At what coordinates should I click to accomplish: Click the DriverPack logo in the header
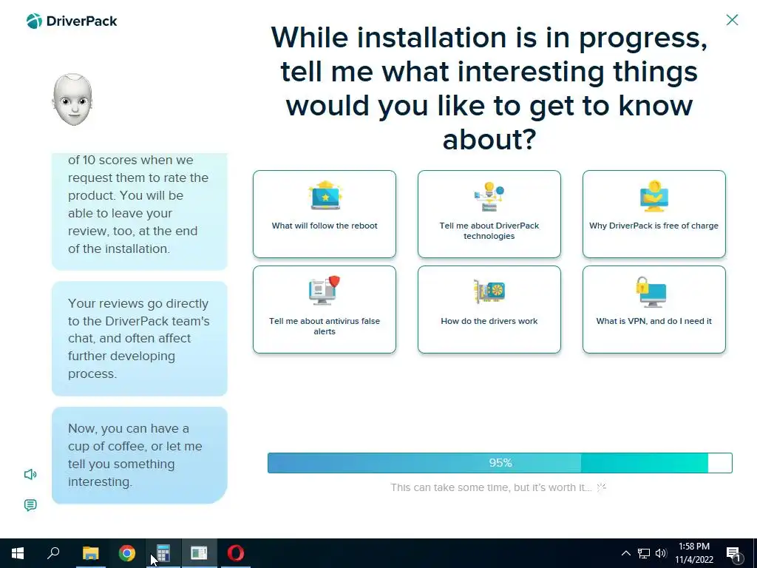pyautogui.click(x=72, y=21)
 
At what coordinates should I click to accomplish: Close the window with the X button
pyautogui.click(x=732, y=20)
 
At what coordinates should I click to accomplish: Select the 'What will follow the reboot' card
pyautogui.click(x=325, y=214)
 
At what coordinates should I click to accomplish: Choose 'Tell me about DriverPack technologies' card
pyautogui.click(x=489, y=214)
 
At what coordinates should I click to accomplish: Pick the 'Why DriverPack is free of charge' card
pyautogui.click(x=654, y=214)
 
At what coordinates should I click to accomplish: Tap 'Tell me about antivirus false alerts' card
pyautogui.click(x=325, y=310)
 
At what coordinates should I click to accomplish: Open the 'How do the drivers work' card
pyautogui.click(x=489, y=310)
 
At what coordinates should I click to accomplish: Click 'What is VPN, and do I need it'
pyautogui.click(x=654, y=310)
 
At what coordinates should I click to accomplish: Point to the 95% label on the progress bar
pyautogui.click(x=500, y=463)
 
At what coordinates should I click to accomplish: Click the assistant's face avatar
pyautogui.click(x=72, y=100)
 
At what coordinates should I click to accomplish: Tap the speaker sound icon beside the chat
pyautogui.click(x=30, y=474)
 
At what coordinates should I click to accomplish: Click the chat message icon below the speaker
pyautogui.click(x=30, y=505)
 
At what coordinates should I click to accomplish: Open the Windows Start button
pyautogui.click(x=18, y=553)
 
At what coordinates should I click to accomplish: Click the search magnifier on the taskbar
pyautogui.click(x=53, y=552)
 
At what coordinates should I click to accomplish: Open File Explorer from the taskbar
pyautogui.click(x=90, y=553)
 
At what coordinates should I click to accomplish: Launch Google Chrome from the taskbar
pyautogui.click(x=127, y=553)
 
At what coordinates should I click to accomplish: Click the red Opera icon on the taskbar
pyautogui.click(x=236, y=553)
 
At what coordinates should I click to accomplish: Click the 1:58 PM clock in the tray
pyautogui.click(x=693, y=547)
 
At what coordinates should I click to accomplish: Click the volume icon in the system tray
pyautogui.click(x=661, y=553)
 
